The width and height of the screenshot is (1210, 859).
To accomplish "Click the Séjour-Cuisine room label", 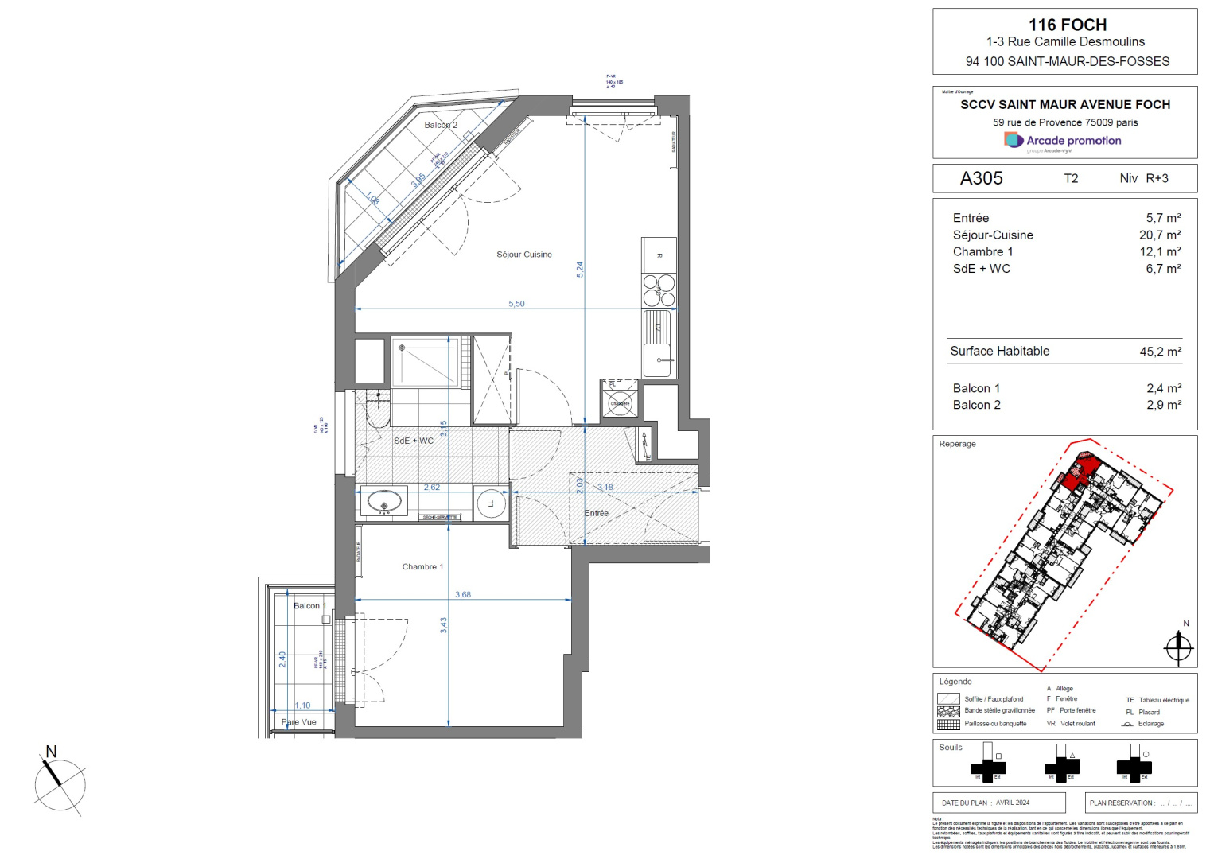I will pyautogui.click(x=523, y=255).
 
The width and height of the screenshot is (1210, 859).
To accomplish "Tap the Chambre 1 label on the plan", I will pyautogui.click(x=422, y=567).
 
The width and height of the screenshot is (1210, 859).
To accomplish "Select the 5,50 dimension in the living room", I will pyautogui.click(x=516, y=304).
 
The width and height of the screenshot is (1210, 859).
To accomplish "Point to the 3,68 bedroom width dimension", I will pyautogui.click(x=463, y=594).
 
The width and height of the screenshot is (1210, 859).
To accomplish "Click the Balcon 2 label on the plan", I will pyautogui.click(x=441, y=125).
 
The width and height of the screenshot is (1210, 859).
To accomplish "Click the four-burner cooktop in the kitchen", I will pyautogui.click(x=659, y=290).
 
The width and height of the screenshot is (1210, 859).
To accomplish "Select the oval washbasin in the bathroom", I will pyautogui.click(x=384, y=503).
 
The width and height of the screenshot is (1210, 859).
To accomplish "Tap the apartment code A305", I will pyautogui.click(x=981, y=178).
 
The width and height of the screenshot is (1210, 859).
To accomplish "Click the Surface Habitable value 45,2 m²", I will pyautogui.click(x=1160, y=352).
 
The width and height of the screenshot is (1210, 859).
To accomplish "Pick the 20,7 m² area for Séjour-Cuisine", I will pyautogui.click(x=1160, y=235).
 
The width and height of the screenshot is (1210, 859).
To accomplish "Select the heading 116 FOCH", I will pyautogui.click(x=1067, y=25).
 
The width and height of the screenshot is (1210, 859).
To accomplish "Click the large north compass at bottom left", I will pyautogui.click(x=60, y=783).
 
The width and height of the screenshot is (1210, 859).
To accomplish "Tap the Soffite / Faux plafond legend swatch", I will pyautogui.click(x=948, y=699).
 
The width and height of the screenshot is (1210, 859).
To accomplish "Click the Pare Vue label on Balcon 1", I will pyautogui.click(x=299, y=722).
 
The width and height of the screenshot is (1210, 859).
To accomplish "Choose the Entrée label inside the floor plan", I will pyautogui.click(x=596, y=513).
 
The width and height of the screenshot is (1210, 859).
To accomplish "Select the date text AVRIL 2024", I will pyautogui.click(x=1012, y=803).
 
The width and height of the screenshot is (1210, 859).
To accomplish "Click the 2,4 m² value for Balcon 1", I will pyautogui.click(x=1163, y=388).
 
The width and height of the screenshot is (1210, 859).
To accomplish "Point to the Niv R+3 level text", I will pyautogui.click(x=1143, y=178).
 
